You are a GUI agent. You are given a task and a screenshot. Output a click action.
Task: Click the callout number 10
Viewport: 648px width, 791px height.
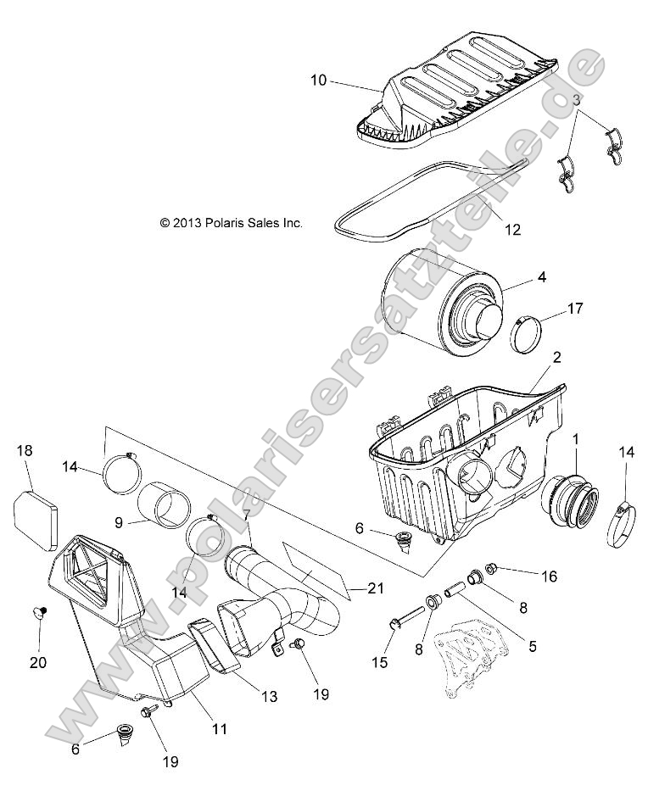(318, 81)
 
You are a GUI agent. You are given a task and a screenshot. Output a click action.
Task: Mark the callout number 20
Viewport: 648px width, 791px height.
(39, 663)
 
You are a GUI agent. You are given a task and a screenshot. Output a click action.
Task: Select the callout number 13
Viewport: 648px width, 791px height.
(269, 697)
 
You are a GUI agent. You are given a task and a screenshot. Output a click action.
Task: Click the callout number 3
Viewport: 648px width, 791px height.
(577, 99)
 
